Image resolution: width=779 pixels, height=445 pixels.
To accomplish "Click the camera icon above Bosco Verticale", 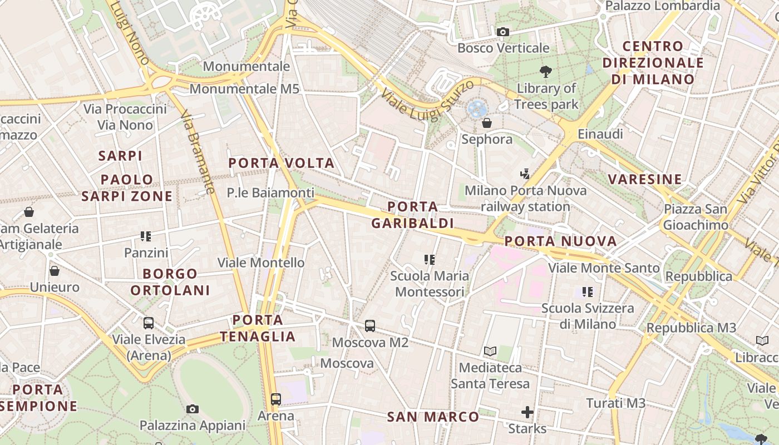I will click(x=503, y=32).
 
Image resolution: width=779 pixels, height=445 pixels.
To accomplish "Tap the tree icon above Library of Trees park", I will click(x=546, y=71).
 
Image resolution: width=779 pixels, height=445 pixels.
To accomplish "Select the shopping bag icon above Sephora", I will click(x=487, y=123).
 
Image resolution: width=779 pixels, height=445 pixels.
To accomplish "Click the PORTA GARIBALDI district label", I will click(x=412, y=215).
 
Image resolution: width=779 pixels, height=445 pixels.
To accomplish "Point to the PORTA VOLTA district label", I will click(x=282, y=163).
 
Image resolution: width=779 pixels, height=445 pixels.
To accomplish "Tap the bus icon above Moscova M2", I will click(x=370, y=326).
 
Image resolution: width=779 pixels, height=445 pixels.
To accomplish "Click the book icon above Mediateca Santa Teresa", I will click(x=490, y=351).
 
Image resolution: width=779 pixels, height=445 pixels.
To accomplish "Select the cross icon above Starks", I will click(x=527, y=412).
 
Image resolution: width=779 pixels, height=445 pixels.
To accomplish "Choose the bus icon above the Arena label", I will click(x=276, y=399).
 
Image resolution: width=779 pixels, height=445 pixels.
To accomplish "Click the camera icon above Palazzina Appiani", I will click(x=193, y=409).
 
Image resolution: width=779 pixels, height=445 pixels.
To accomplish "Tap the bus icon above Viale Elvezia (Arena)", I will click(x=149, y=323).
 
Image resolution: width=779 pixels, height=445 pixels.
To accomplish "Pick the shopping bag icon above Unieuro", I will click(x=55, y=271).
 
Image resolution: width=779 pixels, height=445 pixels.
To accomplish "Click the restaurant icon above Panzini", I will click(x=146, y=236).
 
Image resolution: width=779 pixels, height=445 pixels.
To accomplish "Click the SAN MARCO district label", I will click(x=433, y=417).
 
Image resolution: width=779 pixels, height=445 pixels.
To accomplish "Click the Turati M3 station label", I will click(x=616, y=403).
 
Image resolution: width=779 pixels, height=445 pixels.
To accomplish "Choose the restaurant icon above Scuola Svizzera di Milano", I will click(x=587, y=291).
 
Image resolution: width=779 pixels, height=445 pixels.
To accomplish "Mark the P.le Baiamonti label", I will click(x=270, y=193).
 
